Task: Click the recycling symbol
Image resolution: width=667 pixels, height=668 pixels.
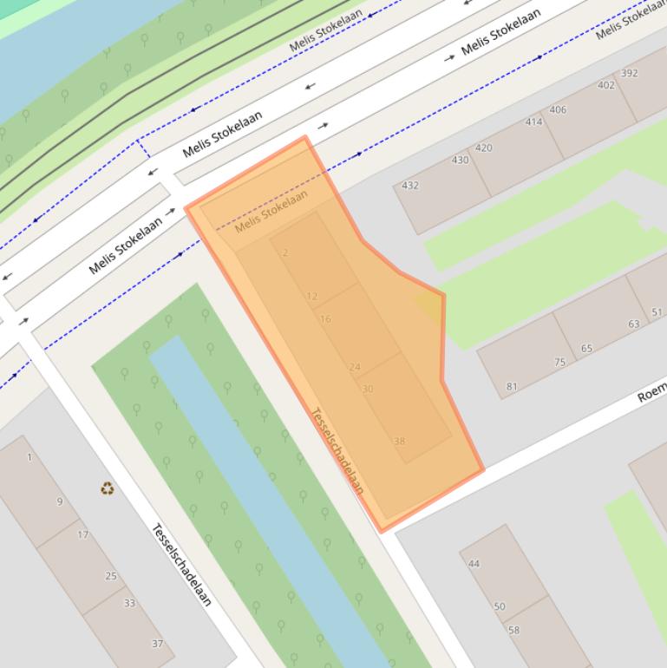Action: point(107,488)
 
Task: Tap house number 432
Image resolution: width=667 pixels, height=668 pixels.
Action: point(409,185)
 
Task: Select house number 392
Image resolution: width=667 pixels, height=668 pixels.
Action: point(630,73)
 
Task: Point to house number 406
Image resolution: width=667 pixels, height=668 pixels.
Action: point(558,109)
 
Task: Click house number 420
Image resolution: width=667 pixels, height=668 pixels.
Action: point(483,147)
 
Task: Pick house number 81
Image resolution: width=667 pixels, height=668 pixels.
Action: point(512,387)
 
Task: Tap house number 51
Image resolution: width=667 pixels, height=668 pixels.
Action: point(657,312)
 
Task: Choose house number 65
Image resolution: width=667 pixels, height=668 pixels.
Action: point(587,349)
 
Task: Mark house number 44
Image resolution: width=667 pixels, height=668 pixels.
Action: point(474,564)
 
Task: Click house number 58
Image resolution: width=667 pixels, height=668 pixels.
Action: point(513,631)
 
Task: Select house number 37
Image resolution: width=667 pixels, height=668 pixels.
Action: point(157,644)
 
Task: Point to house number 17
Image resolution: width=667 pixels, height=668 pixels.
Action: point(82,534)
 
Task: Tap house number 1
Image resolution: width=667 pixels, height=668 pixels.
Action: point(29,457)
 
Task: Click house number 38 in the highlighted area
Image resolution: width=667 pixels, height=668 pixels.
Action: point(399,442)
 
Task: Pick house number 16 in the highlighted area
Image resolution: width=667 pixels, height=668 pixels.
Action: point(325,319)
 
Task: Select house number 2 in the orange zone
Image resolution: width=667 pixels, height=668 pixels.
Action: point(285,253)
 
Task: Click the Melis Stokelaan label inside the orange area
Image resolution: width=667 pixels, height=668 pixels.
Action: point(271,211)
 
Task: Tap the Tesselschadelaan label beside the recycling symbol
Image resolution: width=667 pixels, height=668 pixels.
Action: point(181,565)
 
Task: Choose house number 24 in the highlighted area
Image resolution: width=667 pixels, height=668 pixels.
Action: point(354,368)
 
